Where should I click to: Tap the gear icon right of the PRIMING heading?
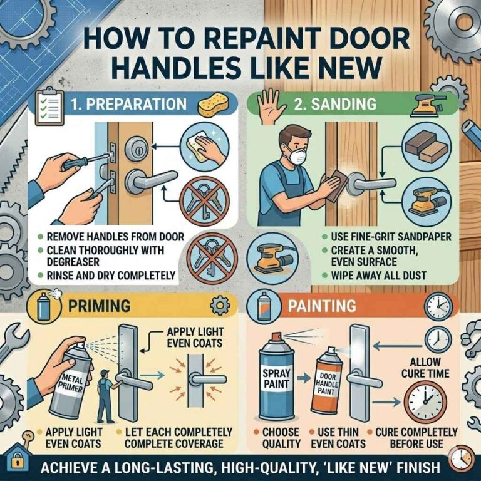(x=222, y=306)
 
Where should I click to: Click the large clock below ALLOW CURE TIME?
(x=423, y=402)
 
